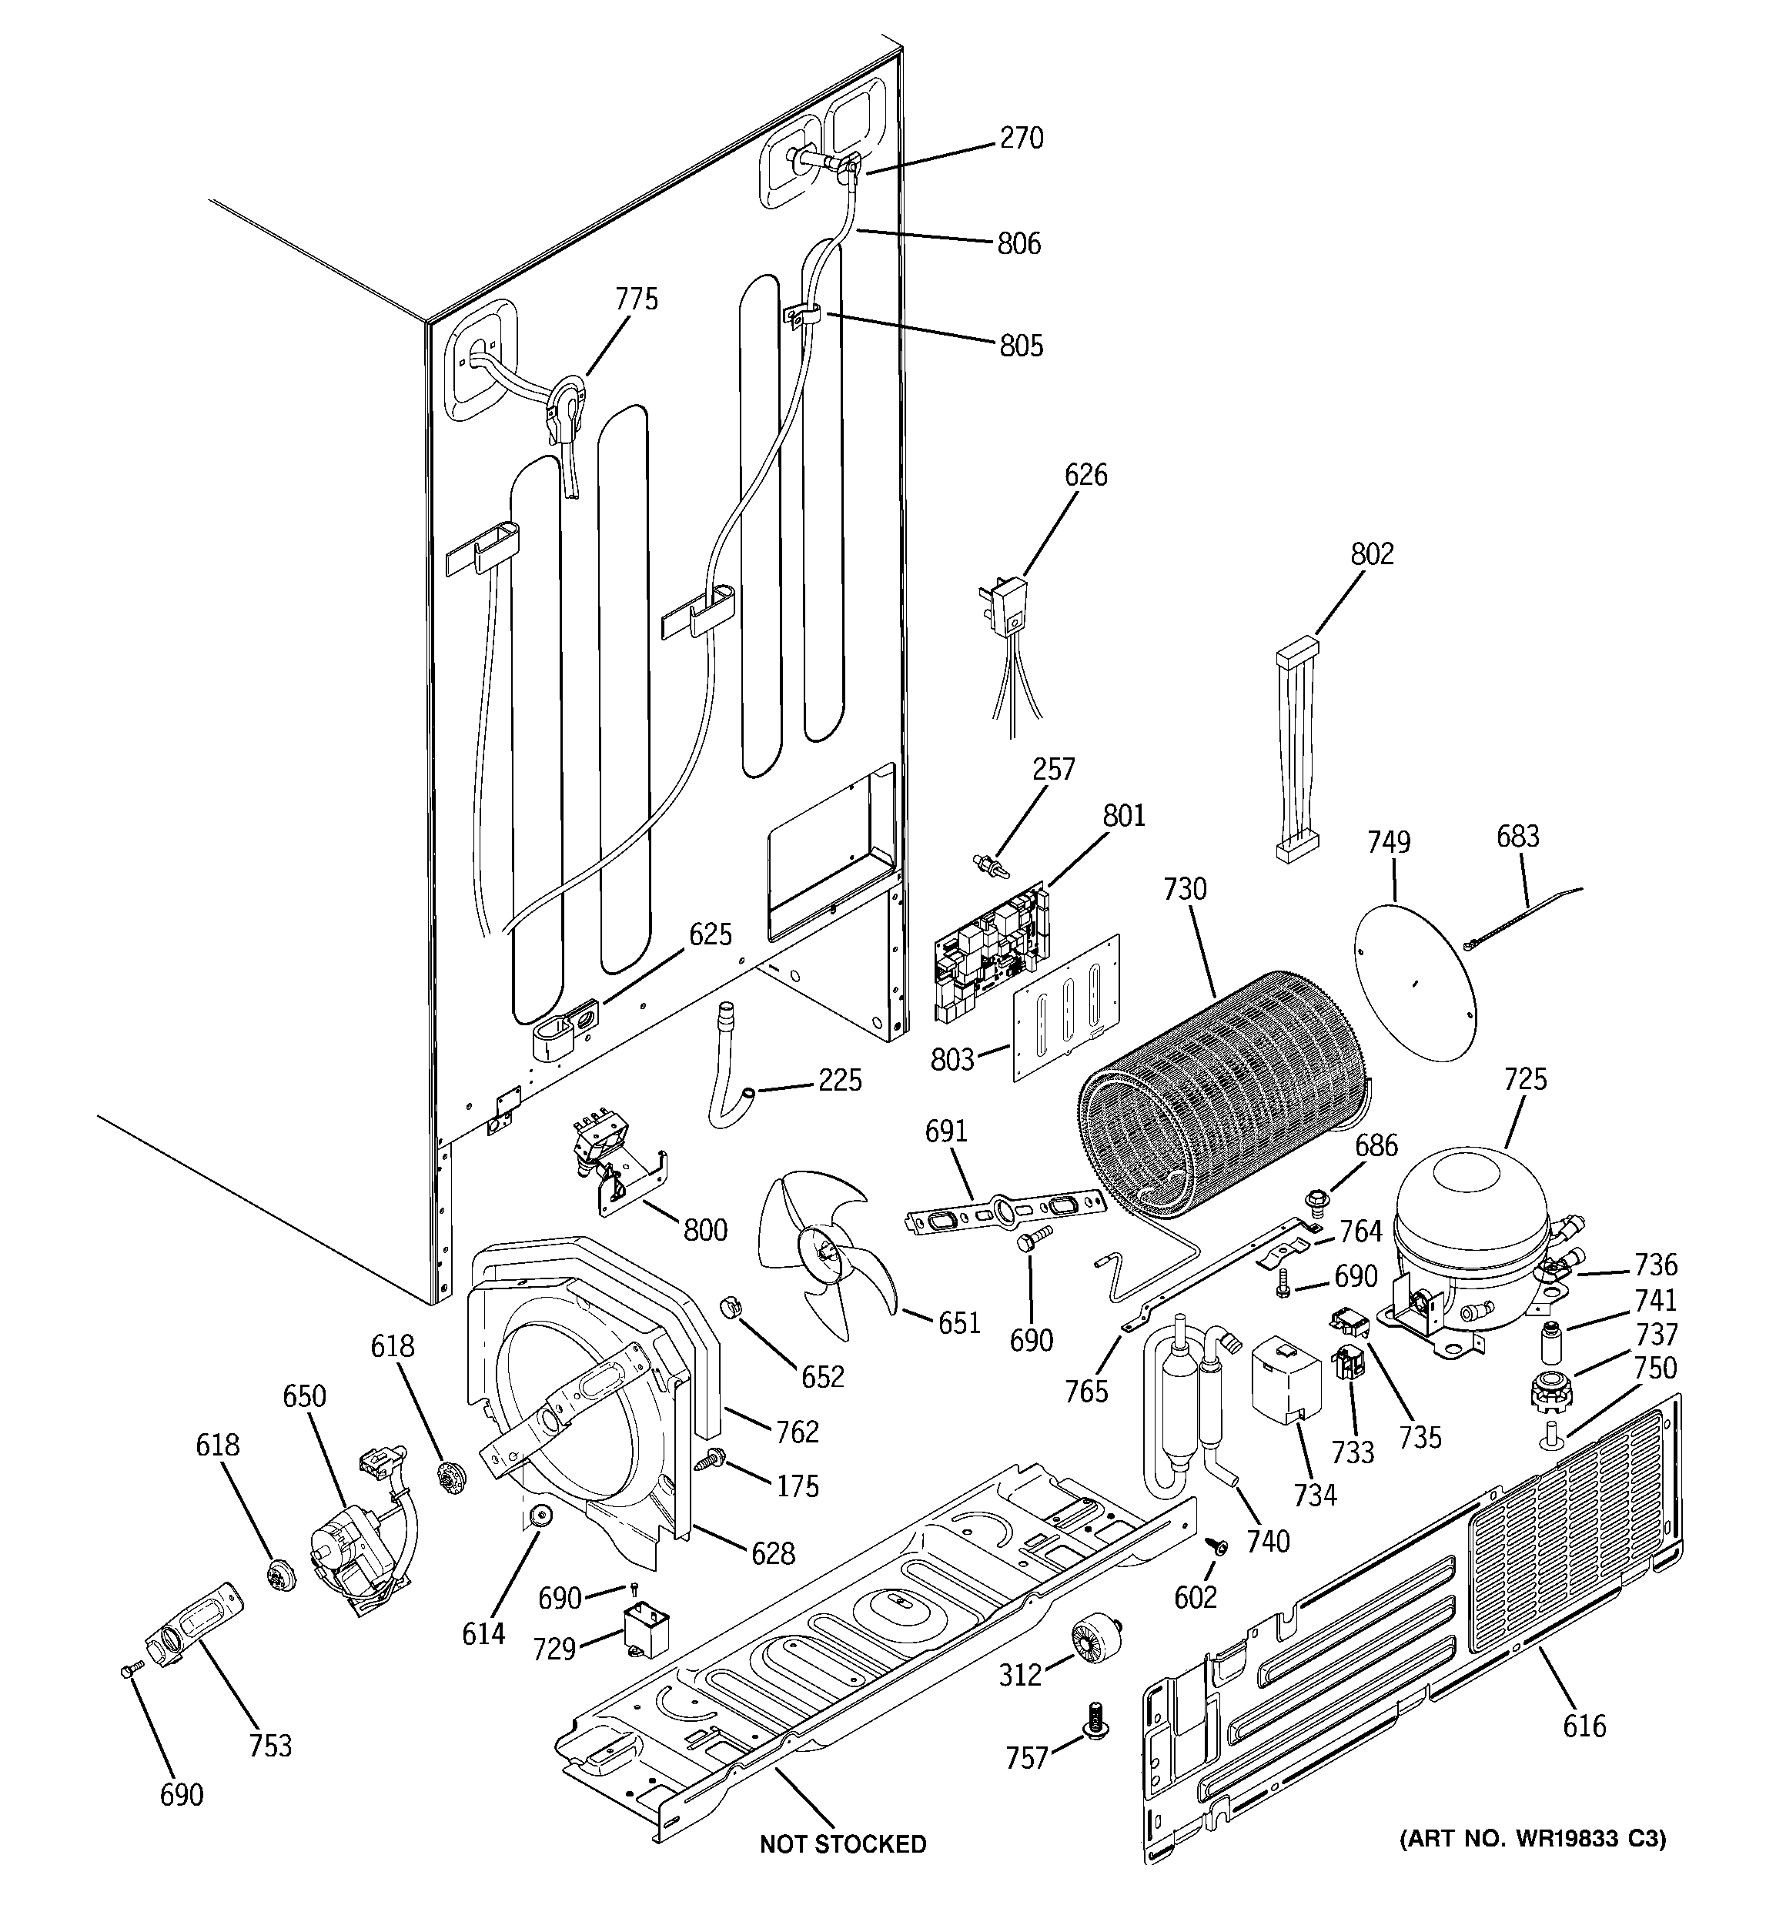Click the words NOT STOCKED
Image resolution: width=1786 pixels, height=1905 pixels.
point(843,1843)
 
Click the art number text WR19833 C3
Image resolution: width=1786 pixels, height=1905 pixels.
point(1532,1839)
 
